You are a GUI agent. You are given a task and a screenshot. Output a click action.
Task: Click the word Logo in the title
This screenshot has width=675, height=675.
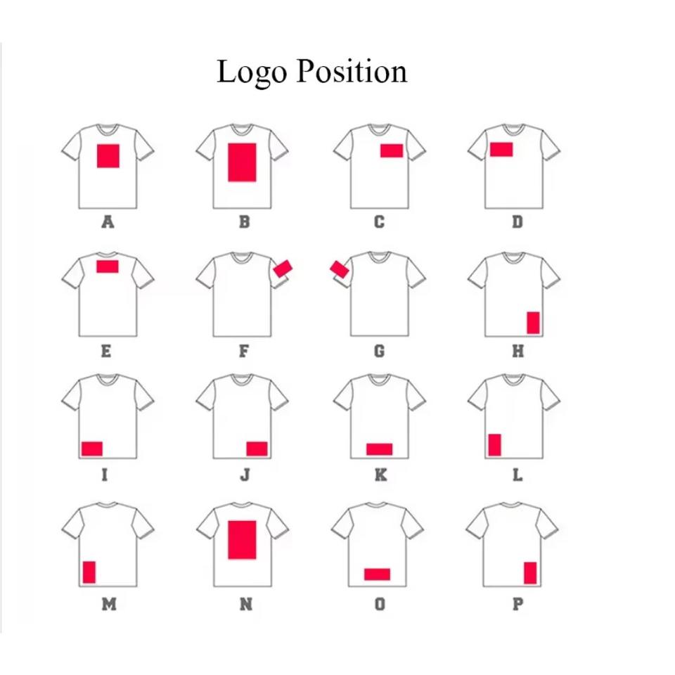(x=250, y=72)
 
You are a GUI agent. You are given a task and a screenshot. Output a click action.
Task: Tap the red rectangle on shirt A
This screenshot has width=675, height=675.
(x=108, y=155)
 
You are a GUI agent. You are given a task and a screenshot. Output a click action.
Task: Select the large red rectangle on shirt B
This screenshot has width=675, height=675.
(x=242, y=162)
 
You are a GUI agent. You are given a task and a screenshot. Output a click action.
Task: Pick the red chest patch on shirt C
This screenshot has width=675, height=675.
(x=391, y=150)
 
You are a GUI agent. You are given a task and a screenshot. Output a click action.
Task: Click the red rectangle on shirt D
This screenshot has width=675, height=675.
(x=501, y=149)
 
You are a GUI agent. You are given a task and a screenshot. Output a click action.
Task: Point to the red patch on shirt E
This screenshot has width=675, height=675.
(x=107, y=266)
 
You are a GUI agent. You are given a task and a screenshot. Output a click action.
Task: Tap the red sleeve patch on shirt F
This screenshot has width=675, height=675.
(x=283, y=268)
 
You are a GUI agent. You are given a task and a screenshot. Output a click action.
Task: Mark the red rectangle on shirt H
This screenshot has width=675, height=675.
(x=533, y=322)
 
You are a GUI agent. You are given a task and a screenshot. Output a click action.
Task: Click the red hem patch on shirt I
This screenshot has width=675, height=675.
(x=92, y=449)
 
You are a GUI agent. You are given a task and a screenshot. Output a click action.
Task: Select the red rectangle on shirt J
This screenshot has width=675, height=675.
(x=257, y=449)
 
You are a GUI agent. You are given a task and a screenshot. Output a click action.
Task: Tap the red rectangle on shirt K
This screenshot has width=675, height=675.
(x=379, y=449)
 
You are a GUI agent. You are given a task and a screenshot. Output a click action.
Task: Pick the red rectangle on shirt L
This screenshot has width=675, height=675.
(x=494, y=445)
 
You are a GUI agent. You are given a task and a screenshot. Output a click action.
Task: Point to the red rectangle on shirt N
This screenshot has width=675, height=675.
(x=242, y=539)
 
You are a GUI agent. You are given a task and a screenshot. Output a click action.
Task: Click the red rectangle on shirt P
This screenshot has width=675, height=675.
(x=530, y=572)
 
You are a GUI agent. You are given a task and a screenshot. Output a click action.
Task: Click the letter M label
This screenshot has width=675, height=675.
(x=108, y=604)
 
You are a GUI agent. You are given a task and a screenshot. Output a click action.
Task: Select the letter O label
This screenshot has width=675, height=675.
(x=380, y=604)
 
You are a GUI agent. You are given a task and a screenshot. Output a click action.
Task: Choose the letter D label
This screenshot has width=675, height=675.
(x=517, y=222)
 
